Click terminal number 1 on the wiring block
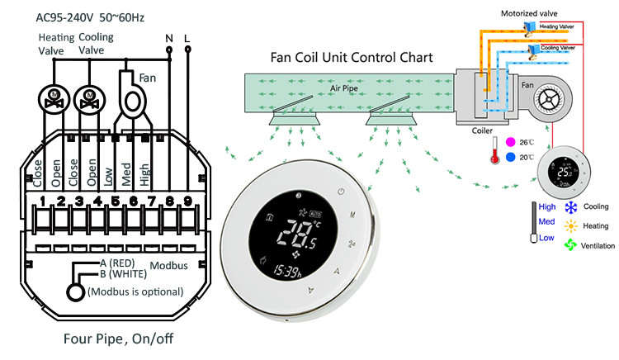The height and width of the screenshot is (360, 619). (x=42, y=200)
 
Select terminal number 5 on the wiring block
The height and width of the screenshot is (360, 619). (x=116, y=200)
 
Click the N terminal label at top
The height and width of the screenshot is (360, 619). (x=169, y=37)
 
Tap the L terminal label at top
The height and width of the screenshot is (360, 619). (x=189, y=37)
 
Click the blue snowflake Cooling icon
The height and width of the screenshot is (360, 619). (x=569, y=206)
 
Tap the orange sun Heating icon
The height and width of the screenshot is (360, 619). (x=569, y=225)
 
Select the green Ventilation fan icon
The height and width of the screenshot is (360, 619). (x=569, y=244)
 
